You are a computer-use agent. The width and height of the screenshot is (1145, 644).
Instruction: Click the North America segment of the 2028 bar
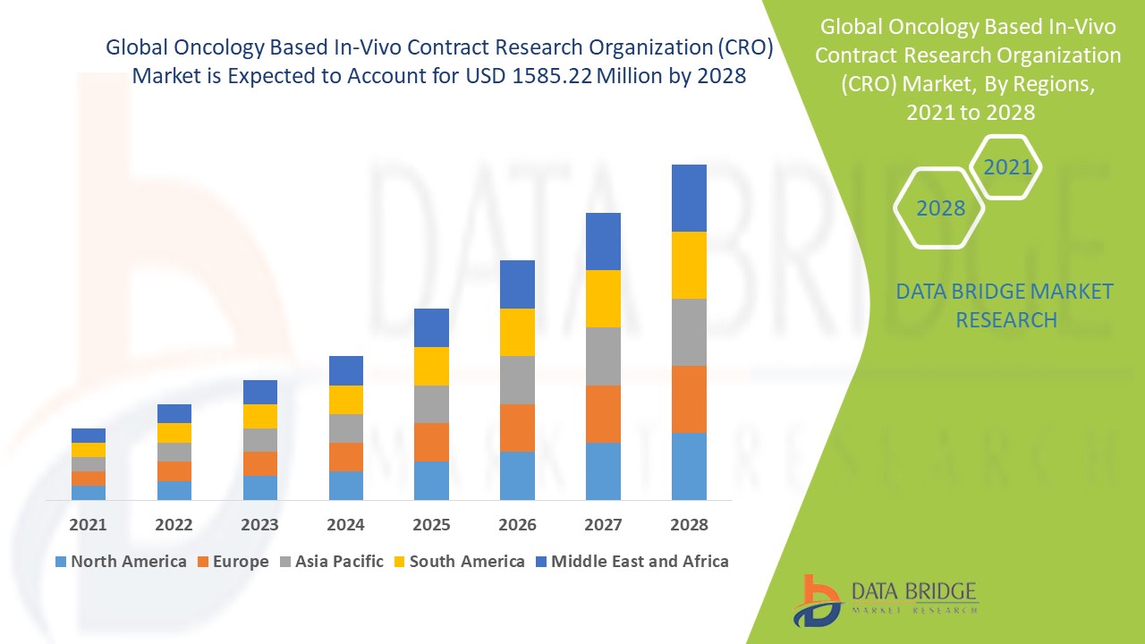(689, 466)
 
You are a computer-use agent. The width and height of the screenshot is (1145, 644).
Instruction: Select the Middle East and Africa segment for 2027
(603, 241)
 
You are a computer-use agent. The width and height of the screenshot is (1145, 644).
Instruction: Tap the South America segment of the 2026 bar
(517, 332)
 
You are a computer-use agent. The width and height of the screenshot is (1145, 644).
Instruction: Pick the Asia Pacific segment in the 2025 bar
(431, 404)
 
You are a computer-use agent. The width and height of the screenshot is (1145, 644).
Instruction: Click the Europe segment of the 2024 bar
(346, 456)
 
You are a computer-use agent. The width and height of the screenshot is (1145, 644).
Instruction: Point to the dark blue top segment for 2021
(89, 436)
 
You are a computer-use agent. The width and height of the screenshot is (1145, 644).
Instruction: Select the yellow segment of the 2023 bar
(260, 416)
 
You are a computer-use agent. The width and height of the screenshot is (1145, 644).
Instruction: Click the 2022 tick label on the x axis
(174, 524)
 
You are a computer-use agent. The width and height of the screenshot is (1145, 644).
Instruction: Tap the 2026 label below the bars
(517, 524)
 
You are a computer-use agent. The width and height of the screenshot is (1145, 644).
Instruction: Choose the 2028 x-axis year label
(689, 524)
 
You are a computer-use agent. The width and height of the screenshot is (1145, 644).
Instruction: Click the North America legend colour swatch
(61, 563)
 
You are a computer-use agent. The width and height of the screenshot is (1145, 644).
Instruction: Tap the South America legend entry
(458, 562)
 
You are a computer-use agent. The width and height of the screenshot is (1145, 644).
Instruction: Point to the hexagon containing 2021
(1006, 167)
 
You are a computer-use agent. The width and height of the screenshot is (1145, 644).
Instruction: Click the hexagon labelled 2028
(940, 208)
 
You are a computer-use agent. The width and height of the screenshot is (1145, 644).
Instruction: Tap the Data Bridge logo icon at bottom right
(816, 600)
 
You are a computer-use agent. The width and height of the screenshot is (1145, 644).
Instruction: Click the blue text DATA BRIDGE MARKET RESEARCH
(1005, 305)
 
